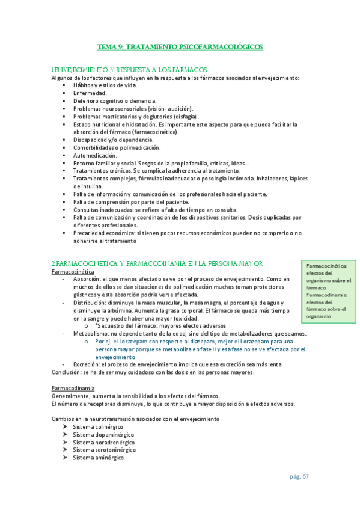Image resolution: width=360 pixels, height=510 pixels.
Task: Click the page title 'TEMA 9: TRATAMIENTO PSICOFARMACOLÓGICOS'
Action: (180, 46)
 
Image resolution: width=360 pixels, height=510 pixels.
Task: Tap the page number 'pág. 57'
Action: (299, 476)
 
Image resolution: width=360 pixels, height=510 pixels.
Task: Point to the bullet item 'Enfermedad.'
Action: (90, 93)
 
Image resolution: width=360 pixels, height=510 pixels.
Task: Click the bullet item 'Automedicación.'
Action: (96, 155)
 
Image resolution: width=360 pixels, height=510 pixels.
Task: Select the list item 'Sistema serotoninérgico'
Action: (104, 450)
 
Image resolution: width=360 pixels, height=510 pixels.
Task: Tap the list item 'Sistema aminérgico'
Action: (98, 458)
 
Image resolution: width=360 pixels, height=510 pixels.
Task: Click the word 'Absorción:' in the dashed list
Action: (87, 279)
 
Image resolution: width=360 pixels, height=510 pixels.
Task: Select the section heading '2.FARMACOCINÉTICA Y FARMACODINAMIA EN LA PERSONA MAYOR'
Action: (157, 263)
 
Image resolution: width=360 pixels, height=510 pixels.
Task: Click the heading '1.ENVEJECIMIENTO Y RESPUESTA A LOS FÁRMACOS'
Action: (129, 70)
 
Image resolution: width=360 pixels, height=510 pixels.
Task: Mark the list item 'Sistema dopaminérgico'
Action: (103, 434)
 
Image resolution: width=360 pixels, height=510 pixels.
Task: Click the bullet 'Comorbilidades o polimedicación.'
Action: (117, 147)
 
